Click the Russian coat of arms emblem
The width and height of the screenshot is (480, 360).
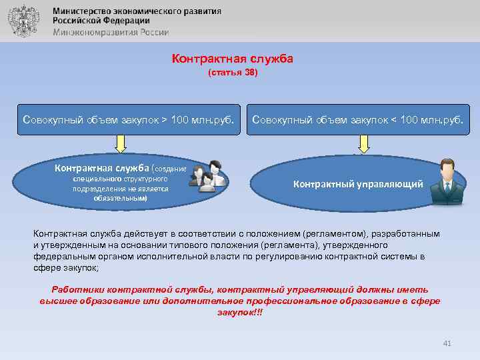23,21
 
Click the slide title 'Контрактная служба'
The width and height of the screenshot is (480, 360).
232,59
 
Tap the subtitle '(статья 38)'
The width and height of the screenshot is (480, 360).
232,72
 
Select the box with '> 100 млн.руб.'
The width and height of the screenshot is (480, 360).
128,120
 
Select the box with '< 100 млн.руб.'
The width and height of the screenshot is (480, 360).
359,120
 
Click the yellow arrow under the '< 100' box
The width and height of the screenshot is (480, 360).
364,143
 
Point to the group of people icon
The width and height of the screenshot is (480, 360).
208,177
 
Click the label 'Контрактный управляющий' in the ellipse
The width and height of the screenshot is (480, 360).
358,184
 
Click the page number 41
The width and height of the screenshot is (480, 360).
447,343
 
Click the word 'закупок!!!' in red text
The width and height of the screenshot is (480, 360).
240,312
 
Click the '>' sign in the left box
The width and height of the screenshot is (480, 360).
164,120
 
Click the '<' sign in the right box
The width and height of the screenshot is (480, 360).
393,120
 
